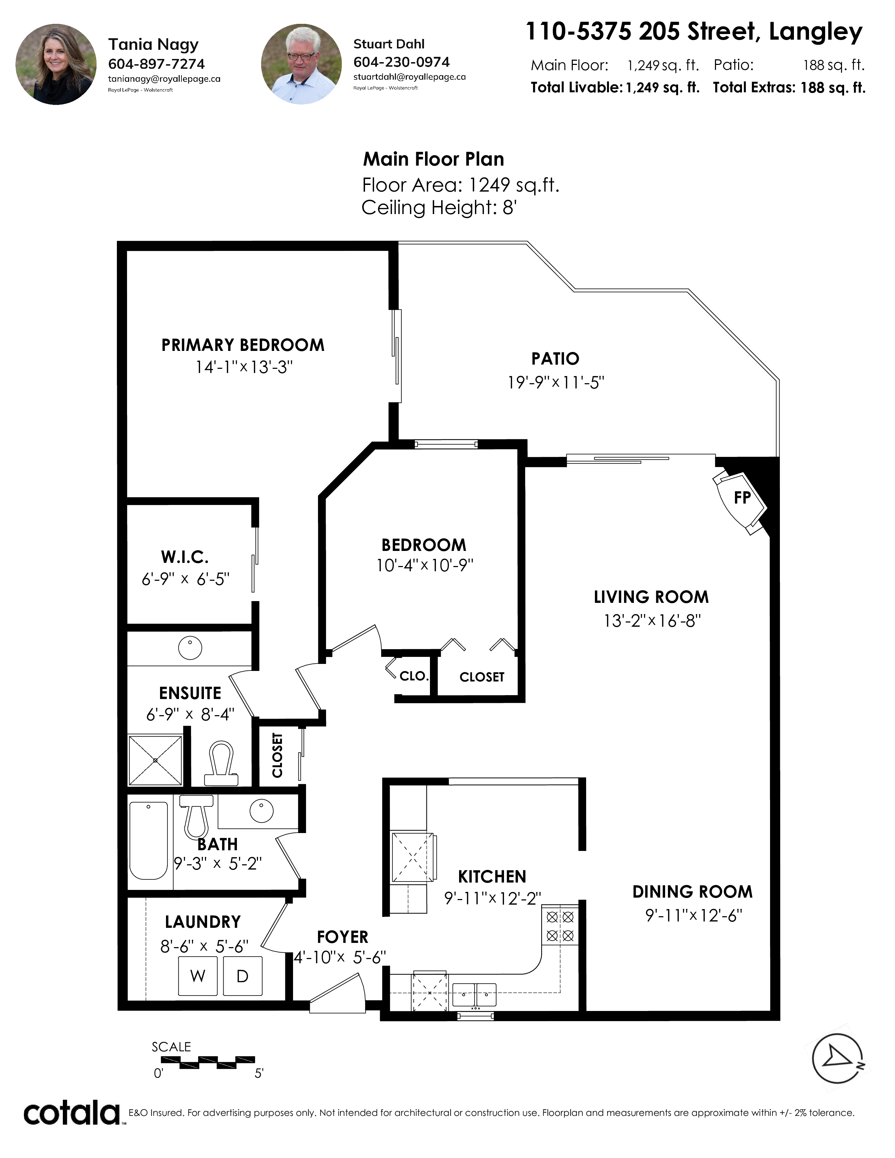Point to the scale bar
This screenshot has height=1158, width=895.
208,1061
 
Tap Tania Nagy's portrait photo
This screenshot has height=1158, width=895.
56,64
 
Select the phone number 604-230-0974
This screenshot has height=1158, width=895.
402,62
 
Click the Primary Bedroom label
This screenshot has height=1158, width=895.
243,345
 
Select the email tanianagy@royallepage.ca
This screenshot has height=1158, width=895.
164,79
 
